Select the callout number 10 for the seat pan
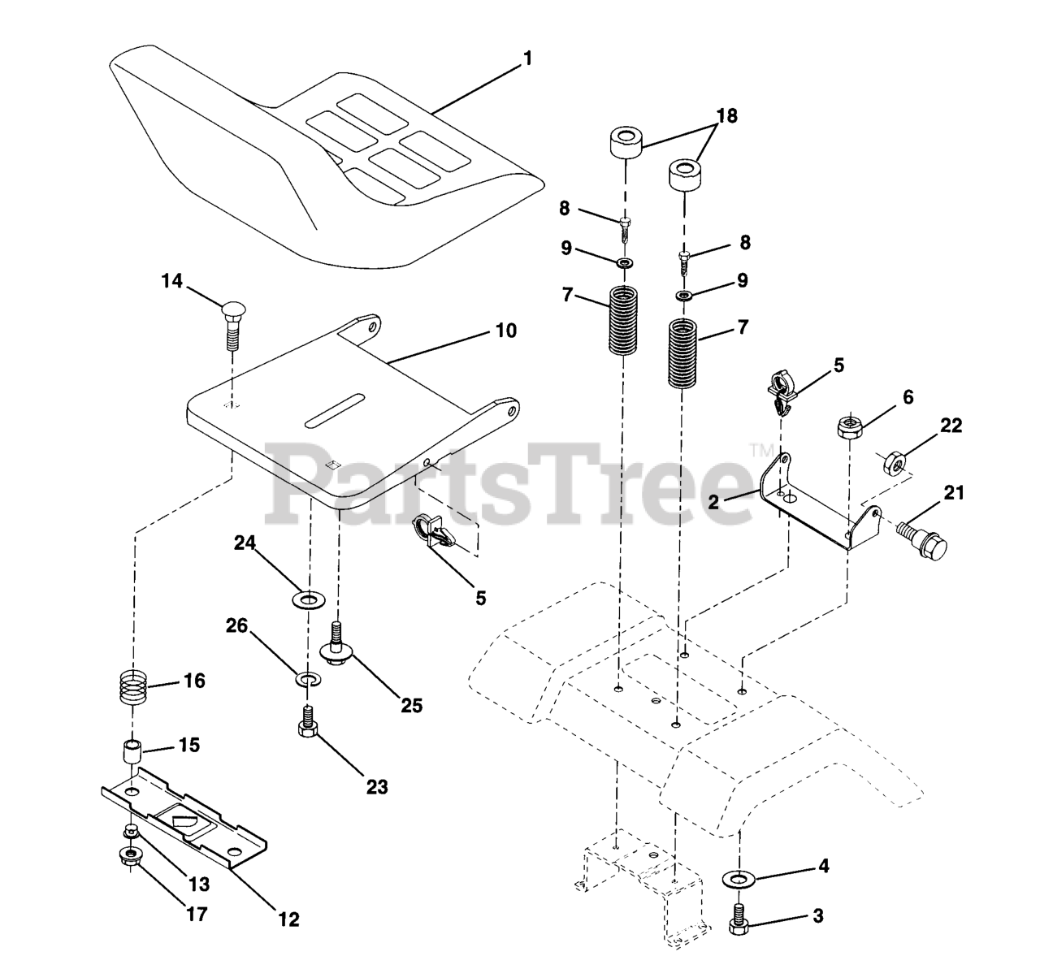(x=506, y=331)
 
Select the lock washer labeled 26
(x=307, y=677)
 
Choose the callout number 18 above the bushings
(x=726, y=116)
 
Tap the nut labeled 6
(x=848, y=427)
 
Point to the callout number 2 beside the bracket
(x=713, y=502)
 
